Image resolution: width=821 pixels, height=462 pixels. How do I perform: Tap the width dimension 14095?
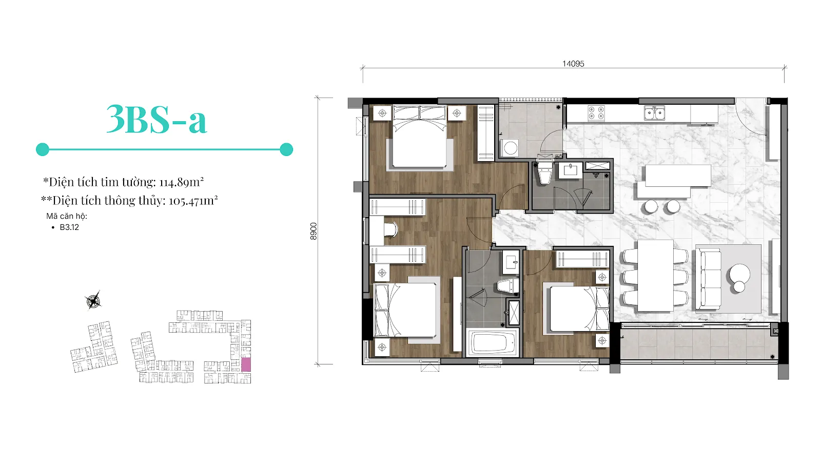pyautogui.click(x=573, y=64)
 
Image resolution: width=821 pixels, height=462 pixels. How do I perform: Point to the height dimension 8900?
pyautogui.click(x=314, y=232)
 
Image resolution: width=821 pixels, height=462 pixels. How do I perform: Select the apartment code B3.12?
pyautogui.click(x=69, y=227)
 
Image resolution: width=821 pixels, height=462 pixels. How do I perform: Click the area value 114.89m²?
pyautogui.click(x=182, y=182)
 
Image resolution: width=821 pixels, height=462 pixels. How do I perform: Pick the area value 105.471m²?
pyautogui.click(x=193, y=201)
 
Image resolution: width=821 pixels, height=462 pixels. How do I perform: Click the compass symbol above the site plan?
pyautogui.click(x=93, y=301)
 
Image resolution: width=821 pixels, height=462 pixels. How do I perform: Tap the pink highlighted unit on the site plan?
pyautogui.click(x=246, y=365)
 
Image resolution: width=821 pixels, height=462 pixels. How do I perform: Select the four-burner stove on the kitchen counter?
pyautogui.click(x=596, y=112)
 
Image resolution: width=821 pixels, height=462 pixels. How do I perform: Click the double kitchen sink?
pyautogui.click(x=655, y=113)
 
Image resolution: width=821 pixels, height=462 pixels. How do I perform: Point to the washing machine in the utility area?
pyautogui.click(x=510, y=148)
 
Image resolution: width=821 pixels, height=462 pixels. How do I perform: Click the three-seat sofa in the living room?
pyautogui.click(x=709, y=279)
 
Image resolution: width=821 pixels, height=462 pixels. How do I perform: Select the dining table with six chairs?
pyautogui.click(x=655, y=276)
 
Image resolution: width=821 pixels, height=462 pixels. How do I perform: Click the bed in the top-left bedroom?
pyautogui.click(x=420, y=138)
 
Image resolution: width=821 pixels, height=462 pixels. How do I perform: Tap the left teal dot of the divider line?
pyautogui.click(x=43, y=149)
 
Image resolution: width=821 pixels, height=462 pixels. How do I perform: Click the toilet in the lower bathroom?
pyautogui.click(x=508, y=286)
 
